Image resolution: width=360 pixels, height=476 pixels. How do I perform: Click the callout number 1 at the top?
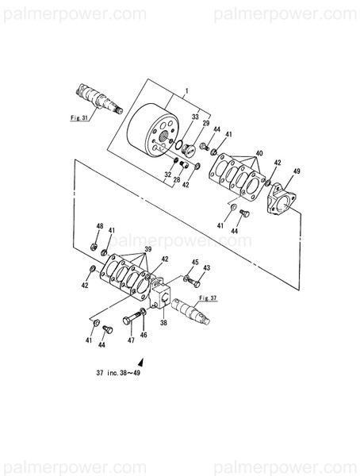click(186, 91)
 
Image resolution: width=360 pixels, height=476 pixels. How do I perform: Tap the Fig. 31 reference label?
click(79, 115)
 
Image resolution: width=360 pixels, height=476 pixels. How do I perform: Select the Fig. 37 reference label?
click(208, 298)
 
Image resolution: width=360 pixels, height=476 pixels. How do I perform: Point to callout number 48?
click(100, 227)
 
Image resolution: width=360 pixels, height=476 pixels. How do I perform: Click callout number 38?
click(163, 324)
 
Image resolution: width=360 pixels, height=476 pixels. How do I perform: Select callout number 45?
click(194, 263)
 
